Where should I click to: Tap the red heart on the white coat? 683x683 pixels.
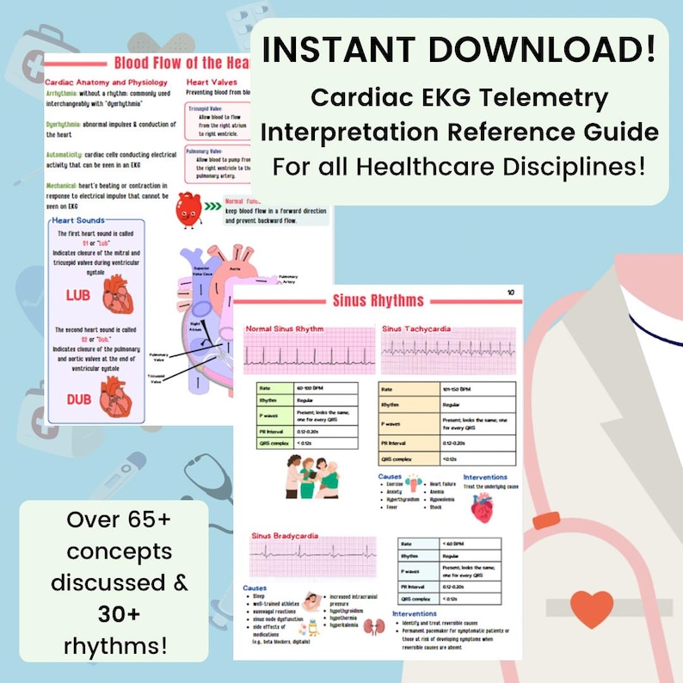[x=592, y=608]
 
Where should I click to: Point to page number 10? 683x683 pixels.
[x=511, y=293]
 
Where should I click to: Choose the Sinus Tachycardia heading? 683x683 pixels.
[x=416, y=329]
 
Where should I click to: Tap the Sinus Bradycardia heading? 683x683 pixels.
[x=285, y=536]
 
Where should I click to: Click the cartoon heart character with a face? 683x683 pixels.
[x=188, y=209]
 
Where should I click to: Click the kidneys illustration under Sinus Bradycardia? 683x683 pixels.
[x=372, y=626]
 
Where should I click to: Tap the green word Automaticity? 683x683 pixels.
[x=65, y=155]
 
